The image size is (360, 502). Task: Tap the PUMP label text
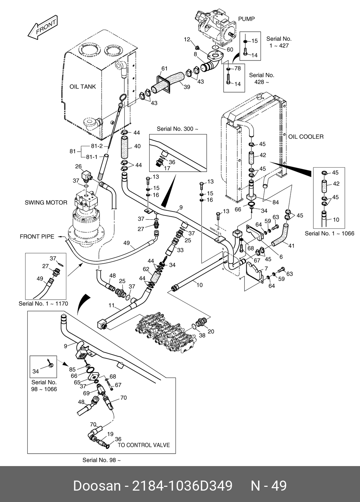point(246,19)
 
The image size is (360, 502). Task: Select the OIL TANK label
point(83,87)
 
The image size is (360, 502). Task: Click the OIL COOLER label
point(306,137)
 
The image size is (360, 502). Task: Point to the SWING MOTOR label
point(46,202)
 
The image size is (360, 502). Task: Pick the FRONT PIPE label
point(37,237)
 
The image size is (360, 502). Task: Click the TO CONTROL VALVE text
point(144,445)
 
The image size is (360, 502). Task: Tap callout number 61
point(164,68)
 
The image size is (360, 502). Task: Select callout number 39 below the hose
point(187,87)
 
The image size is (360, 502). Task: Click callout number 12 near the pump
point(187,40)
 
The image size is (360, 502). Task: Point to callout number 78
point(237,68)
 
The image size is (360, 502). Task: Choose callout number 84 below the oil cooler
point(275,202)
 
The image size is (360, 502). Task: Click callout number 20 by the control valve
point(211,331)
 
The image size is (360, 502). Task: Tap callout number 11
point(111,305)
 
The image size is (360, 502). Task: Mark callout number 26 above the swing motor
point(78,167)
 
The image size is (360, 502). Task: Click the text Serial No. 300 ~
point(178,129)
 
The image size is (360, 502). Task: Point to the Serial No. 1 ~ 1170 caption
point(43,304)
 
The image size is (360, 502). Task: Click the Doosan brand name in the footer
point(96,486)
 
